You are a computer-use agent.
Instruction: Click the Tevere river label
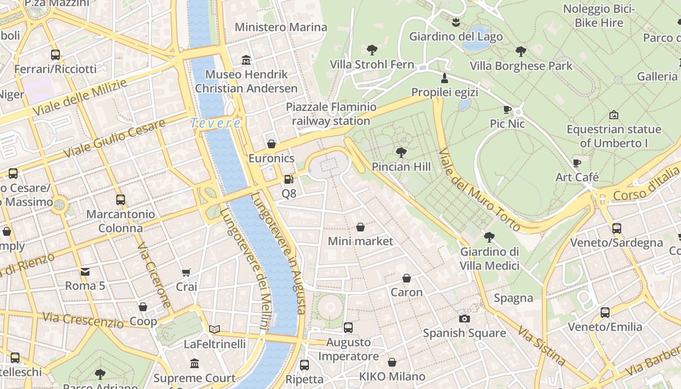coord(215,123)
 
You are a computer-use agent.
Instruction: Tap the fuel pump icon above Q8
coord(288,179)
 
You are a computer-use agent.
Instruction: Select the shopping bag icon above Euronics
coord(271,144)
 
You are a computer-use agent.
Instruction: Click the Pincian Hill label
coord(401,167)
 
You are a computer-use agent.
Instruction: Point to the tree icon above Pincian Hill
coord(401,153)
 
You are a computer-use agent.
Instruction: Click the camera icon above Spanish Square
coord(465,319)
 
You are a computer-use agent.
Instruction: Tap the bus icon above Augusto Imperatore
coord(348,328)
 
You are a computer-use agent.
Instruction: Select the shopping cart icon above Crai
coord(186,273)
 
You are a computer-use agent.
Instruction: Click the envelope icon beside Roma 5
coord(85,272)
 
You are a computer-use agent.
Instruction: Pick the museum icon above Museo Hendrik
coord(246,60)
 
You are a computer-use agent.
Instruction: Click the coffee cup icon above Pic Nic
coord(507,109)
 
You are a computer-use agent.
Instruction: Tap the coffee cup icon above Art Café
coord(577,163)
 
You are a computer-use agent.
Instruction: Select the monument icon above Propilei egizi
coord(444,78)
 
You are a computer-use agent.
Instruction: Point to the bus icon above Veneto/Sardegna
coord(617,228)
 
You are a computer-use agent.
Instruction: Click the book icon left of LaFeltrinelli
coord(215,329)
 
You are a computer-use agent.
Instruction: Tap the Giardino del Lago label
coord(456,36)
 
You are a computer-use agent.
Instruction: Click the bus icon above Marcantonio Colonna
coord(120,200)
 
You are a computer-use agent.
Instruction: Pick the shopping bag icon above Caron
coord(407,278)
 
